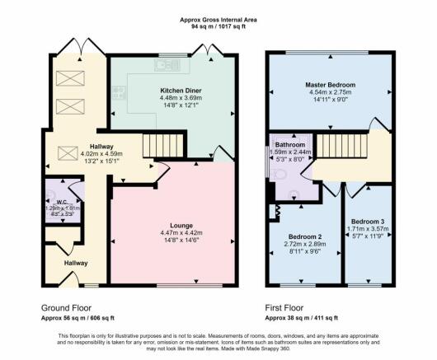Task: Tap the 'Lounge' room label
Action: [x=181, y=224]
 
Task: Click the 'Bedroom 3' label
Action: [x=367, y=222]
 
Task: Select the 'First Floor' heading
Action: [x=288, y=306]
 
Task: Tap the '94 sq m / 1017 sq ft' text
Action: [x=218, y=26]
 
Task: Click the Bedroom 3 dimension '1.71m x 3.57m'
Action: [x=367, y=231]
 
